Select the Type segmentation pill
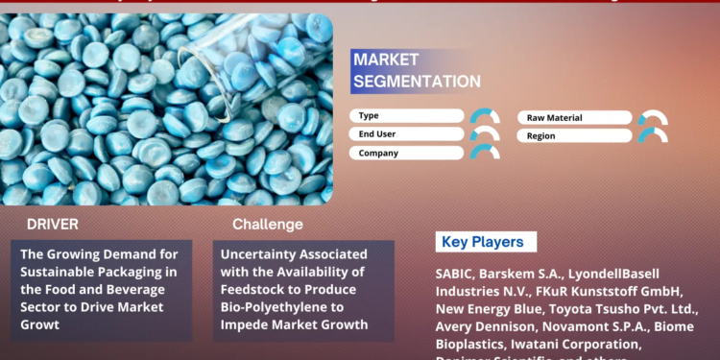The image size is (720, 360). (x=408, y=116)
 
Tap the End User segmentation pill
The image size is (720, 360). (x=408, y=134)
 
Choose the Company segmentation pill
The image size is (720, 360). (x=408, y=153)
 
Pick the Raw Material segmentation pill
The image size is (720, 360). (x=574, y=117)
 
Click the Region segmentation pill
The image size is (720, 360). (x=574, y=135)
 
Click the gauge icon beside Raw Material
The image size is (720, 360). (x=653, y=117)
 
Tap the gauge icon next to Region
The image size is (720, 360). (x=653, y=135)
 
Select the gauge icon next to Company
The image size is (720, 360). (x=485, y=153)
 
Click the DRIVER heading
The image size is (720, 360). (x=53, y=225)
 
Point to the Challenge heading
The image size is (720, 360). (x=267, y=225)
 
